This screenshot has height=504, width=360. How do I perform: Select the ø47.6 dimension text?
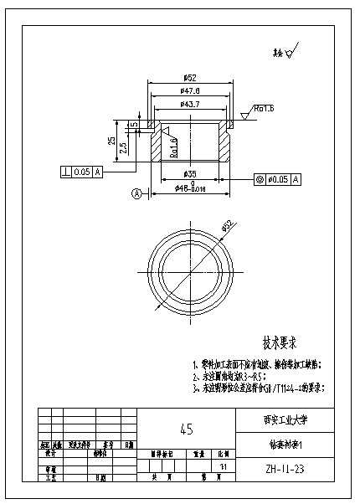pos(188,90)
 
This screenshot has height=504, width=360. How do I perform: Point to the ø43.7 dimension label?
pos(188,104)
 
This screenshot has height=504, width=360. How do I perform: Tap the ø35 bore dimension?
pos(189,173)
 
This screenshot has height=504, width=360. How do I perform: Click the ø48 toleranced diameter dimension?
pos(190,189)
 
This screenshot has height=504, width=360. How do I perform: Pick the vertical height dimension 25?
pos(111,141)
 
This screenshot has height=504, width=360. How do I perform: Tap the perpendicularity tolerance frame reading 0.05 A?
pos(81,172)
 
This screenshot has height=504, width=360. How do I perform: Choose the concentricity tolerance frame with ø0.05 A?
pos(277,179)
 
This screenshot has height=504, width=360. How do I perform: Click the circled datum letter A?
pos(135,193)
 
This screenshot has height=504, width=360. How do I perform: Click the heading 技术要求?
pos(280,342)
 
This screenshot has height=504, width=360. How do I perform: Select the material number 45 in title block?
pos(186,429)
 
